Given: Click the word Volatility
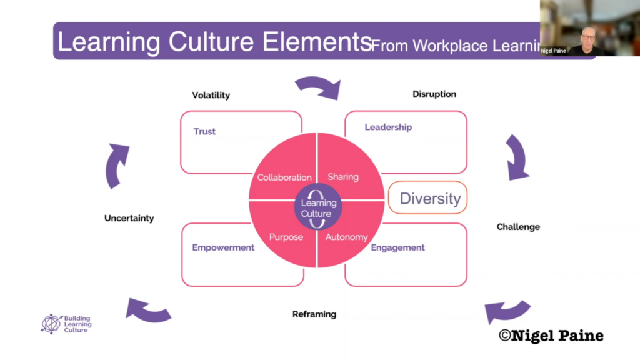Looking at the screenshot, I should pyautogui.click(x=211, y=96).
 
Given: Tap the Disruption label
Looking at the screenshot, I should pyautogui.click(x=434, y=94).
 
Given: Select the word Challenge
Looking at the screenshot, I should pyautogui.click(x=518, y=227).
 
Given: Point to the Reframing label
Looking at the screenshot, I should pyautogui.click(x=314, y=314).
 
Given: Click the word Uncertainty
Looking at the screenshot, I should pyautogui.click(x=129, y=218).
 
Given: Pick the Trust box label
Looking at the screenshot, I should pyautogui.click(x=204, y=132).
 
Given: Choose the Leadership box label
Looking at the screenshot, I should pyautogui.click(x=388, y=127).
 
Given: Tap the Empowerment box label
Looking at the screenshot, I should pyautogui.click(x=223, y=247).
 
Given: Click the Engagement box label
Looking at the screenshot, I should pyautogui.click(x=398, y=247).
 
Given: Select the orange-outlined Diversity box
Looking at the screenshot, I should pyautogui.click(x=428, y=199).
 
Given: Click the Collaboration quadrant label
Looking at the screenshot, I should pyautogui.click(x=284, y=177).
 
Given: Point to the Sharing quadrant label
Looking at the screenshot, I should pyautogui.click(x=343, y=177).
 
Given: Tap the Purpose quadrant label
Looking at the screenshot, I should pyautogui.click(x=286, y=237).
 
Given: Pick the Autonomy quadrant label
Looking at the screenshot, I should pyautogui.click(x=347, y=237).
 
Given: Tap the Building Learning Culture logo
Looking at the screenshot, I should pyautogui.click(x=66, y=324).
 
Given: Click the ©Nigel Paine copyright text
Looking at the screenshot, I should pyautogui.click(x=551, y=336).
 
